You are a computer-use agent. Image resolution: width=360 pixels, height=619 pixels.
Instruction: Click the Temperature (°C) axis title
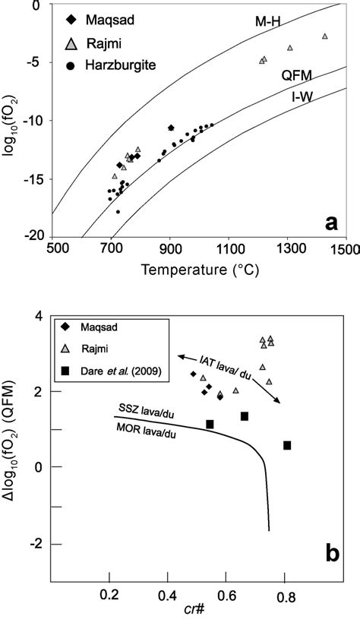point(200,269)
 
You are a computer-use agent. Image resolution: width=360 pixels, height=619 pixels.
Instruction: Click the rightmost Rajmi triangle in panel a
point(325,36)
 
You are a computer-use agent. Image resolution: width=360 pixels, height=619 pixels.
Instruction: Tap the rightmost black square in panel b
point(287,445)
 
